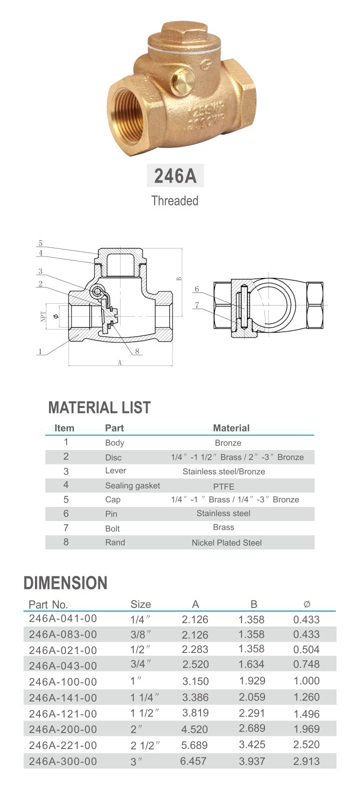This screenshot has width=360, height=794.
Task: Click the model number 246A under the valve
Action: tap(175, 176)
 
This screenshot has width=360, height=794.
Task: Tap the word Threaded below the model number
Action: tap(175, 201)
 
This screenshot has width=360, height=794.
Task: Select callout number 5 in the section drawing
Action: tap(40, 243)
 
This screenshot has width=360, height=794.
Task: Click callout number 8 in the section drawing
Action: tap(136, 351)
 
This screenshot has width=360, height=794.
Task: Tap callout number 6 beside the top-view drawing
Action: tap(197, 289)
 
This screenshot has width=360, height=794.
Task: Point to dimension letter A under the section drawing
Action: tap(120, 363)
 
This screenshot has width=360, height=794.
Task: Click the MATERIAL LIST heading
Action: tap(99, 407)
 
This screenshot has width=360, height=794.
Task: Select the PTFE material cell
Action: tap(223, 486)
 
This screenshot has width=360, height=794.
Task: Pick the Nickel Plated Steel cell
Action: tap(226, 542)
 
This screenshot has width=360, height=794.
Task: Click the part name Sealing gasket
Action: tap(132, 485)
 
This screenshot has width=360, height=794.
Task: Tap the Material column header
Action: tap(231, 428)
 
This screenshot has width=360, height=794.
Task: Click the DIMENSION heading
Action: tap(65, 583)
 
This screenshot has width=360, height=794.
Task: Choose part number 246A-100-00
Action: tap(63, 681)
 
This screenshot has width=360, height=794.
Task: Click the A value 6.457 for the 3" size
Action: tap(193, 761)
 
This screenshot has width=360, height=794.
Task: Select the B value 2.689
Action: tap(252, 728)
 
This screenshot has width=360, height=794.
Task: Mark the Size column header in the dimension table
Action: tap(140, 604)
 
